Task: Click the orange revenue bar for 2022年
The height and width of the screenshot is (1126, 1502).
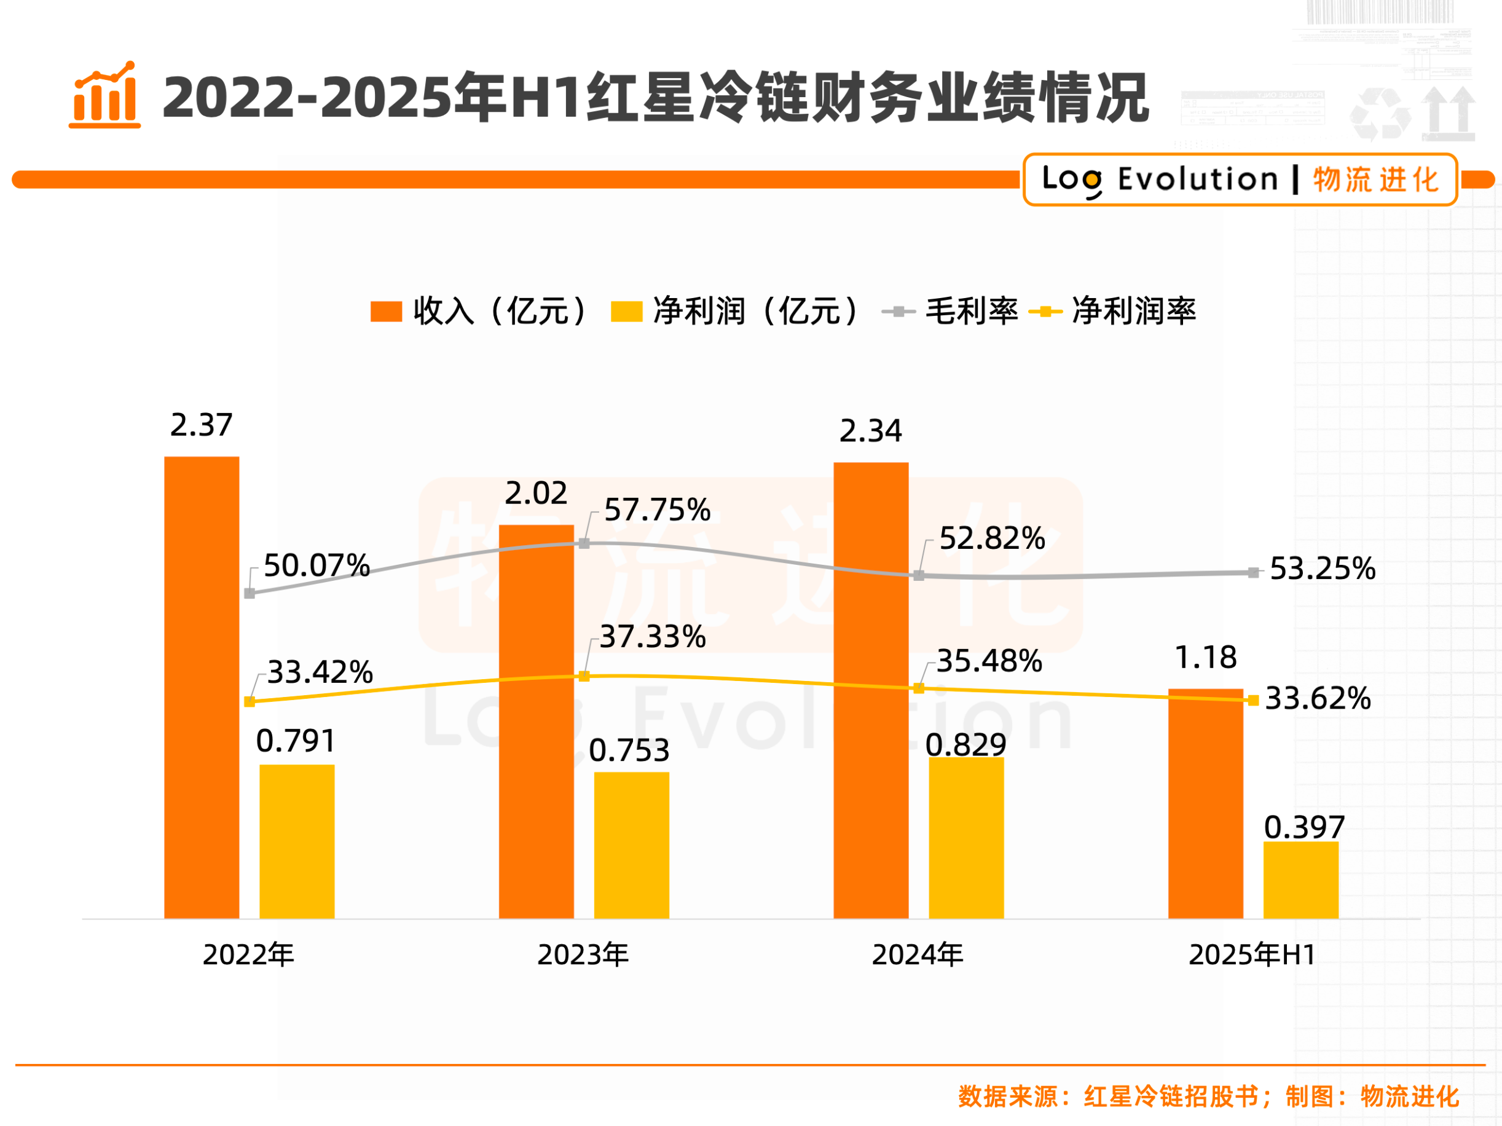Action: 202,687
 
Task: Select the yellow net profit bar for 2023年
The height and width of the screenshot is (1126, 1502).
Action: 632,845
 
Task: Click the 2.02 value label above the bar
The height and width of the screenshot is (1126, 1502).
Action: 536,493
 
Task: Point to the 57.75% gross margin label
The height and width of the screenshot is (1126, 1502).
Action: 656,510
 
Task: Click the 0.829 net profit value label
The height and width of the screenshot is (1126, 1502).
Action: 965,745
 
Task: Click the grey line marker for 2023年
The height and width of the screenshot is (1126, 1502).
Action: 584,543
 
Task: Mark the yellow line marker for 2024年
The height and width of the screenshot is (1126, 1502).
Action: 919,688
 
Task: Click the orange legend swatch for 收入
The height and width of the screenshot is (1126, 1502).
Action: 386,312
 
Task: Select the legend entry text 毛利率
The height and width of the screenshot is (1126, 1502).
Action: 971,312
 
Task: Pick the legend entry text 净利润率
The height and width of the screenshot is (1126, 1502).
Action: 1133,312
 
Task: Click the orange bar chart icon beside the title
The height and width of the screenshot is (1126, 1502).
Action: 105,96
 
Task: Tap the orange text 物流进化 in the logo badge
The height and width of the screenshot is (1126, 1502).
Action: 1375,180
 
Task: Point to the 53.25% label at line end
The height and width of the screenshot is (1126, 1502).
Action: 1322,569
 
